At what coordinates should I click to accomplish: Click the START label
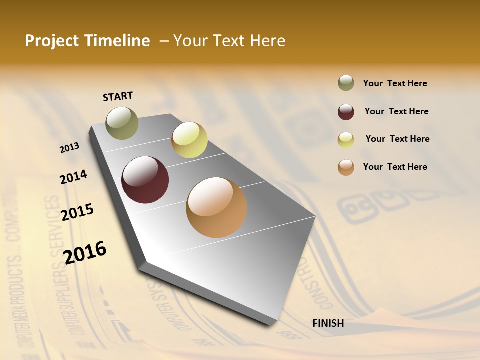(118, 96)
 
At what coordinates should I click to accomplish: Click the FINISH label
(328, 323)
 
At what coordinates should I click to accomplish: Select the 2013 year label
(70, 148)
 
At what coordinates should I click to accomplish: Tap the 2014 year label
(73, 177)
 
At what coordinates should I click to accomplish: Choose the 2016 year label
(85, 252)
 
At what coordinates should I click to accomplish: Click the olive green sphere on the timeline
(122, 123)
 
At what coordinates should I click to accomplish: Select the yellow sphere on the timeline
(189, 140)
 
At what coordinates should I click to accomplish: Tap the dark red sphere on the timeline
(145, 180)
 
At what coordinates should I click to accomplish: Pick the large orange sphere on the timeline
(216, 207)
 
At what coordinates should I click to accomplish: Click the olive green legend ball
(346, 83)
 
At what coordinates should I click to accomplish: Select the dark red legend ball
(346, 112)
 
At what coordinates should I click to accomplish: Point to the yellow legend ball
(346, 140)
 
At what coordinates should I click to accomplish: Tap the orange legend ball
(346, 167)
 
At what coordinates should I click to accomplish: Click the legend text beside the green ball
(395, 84)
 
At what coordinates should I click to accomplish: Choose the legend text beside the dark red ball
(396, 111)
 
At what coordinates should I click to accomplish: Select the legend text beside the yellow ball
(397, 139)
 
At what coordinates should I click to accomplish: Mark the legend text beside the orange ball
(395, 167)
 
